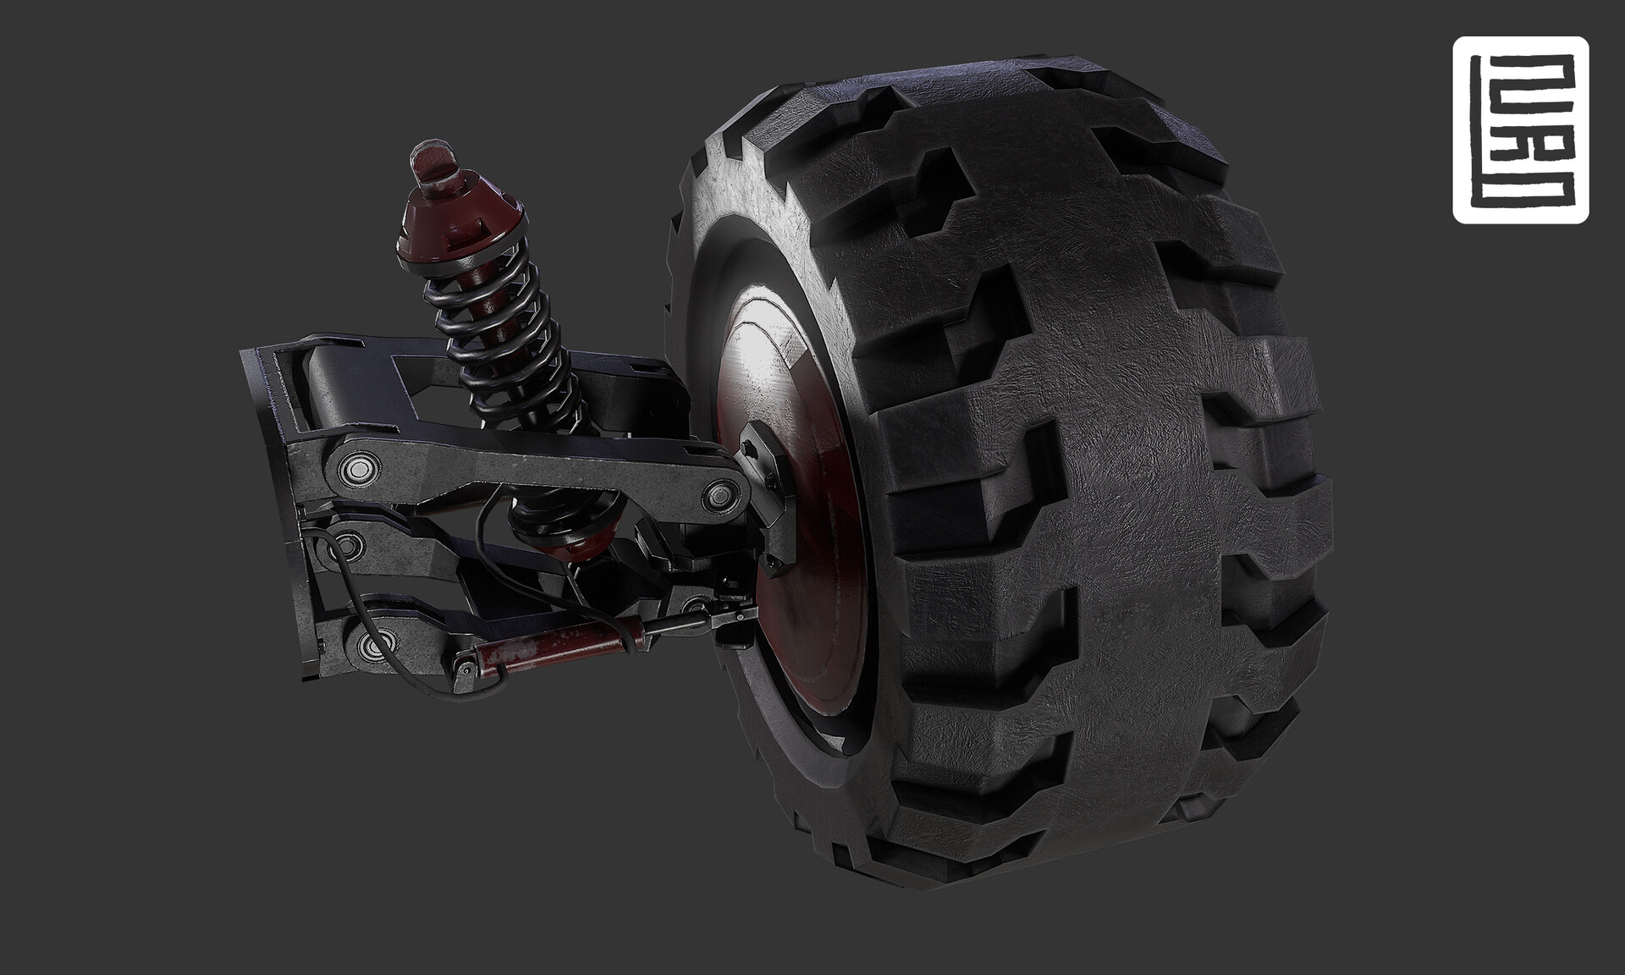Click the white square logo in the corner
(x=1520, y=129)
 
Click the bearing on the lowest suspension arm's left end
(x=373, y=645)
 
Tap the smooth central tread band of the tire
(x=1126, y=508)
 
